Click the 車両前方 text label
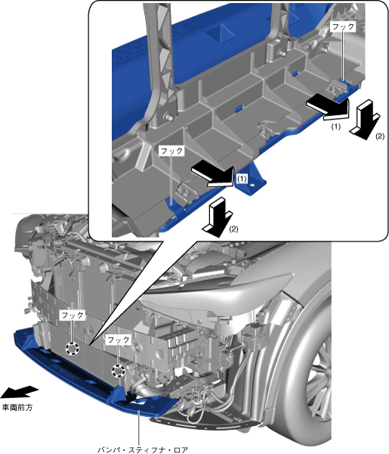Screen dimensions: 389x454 (17, 408)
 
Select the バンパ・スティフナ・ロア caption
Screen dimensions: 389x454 (143, 449)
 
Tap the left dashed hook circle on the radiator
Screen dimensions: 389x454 (73, 348)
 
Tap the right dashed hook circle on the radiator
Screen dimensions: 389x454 (119, 371)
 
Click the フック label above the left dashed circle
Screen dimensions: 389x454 (73, 315)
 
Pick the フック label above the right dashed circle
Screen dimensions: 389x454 (118, 339)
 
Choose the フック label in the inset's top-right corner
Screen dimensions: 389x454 (343, 26)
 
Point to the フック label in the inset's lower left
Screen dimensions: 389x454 (171, 151)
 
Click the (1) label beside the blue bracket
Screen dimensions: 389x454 (242, 179)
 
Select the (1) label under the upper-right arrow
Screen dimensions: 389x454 (335, 126)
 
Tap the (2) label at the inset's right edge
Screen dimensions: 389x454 (380, 136)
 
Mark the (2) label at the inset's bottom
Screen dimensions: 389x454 (233, 229)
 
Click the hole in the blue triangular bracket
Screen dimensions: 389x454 (254, 185)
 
